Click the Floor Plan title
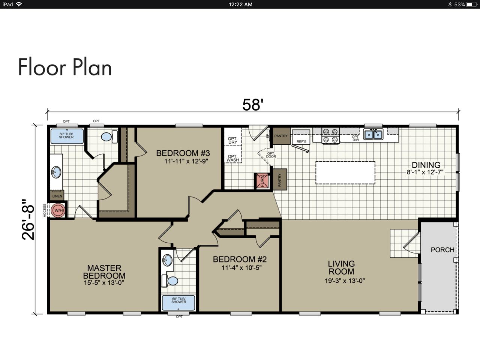click(65, 67)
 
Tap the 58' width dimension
click(251, 105)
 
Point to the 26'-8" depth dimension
click(28, 219)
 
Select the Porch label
click(442, 250)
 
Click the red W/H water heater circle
click(58, 211)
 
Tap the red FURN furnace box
click(262, 181)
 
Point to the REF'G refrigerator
click(301, 138)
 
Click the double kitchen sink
click(373, 134)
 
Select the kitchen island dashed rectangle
click(345, 172)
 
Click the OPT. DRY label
click(232, 140)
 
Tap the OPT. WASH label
click(232, 158)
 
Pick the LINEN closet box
click(57, 196)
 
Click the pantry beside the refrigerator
click(280, 136)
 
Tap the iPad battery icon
click(471, 4)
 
